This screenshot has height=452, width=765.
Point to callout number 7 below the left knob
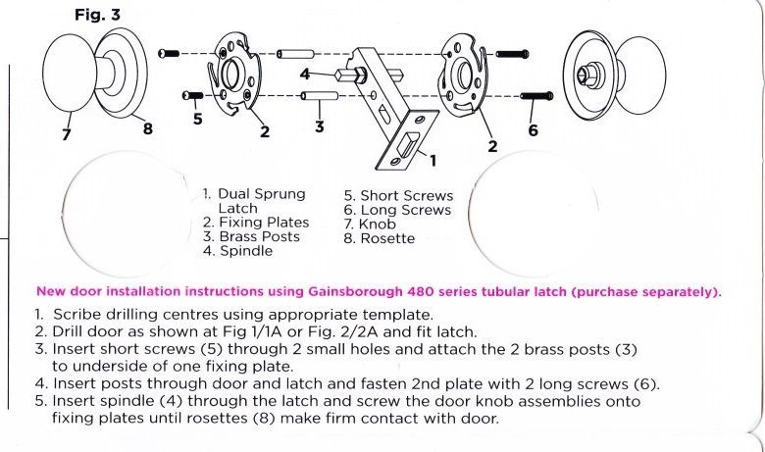tap(67, 135)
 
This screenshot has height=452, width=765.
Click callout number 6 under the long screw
tap(533, 128)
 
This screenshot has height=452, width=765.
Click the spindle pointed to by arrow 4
tap(350, 75)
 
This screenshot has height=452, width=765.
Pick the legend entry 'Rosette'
tap(387, 238)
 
